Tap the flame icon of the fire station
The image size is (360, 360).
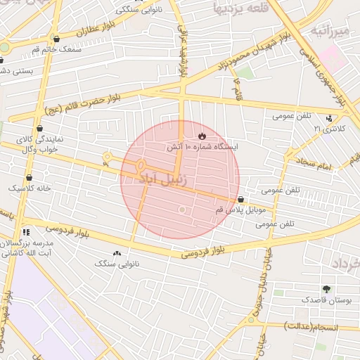[x=202, y=136]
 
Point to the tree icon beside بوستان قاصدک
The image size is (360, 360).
[x=326, y=288]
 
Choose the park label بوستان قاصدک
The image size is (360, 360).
[x=326, y=300]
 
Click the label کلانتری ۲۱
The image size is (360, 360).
[x=327, y=129]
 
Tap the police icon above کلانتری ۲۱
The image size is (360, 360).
[x=330, y=117]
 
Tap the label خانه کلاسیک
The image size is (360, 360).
[x=29, y=188]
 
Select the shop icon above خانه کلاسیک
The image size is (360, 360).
[x=29, y=177]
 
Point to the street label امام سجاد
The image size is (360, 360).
[x=319, y=164]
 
